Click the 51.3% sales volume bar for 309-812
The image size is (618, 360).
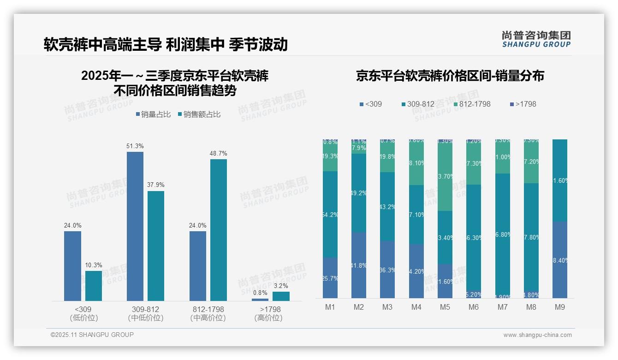[x=135, y=226]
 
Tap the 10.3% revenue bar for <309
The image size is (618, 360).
[x=94, y=286]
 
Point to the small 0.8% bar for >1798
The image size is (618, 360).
[x=260, y=300]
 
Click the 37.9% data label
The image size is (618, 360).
[x=155, y=185]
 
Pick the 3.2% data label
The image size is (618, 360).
[x=281, y=285]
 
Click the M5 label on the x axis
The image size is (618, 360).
[x=445, y=307]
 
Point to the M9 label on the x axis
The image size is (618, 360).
[x=559, y=307]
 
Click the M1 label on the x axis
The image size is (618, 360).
[x=330, y=307]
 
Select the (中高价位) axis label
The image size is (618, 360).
[x=208, y=318]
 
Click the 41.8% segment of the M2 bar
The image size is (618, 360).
[x=359, y=265]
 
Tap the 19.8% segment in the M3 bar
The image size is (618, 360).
[x=387, y=156]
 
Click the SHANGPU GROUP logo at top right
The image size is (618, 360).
[x=536, y=39]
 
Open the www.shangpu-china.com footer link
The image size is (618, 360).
[x=537, y=335]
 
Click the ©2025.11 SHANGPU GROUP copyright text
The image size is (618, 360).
[x=92, y=335]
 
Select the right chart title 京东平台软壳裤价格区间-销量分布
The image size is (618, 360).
[x=450, y=76]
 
